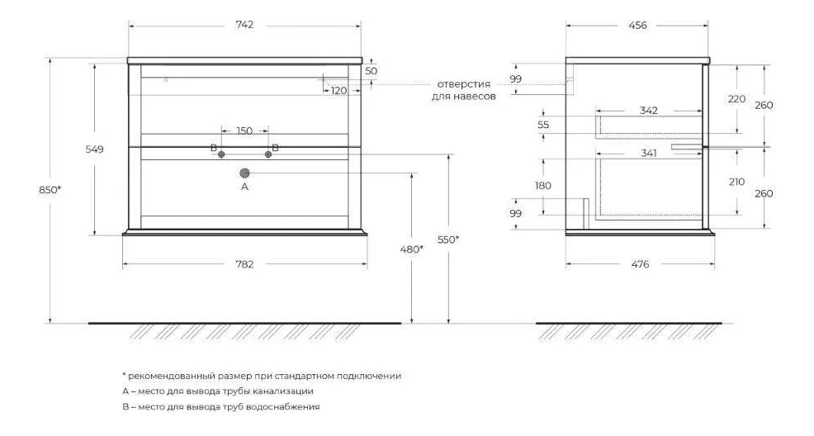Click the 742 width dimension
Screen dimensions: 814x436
244,25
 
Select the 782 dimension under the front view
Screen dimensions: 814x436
244,264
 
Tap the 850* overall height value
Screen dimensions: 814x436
50,190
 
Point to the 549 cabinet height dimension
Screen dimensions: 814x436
94,149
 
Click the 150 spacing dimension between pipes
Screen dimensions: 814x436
244,130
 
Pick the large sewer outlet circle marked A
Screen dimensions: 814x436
244,173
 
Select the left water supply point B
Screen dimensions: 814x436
221,154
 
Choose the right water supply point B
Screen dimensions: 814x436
268,154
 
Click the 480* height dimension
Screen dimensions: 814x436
412,249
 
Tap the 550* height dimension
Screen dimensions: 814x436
448,239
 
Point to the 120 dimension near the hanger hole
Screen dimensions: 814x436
338,91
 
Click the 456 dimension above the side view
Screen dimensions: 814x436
637,25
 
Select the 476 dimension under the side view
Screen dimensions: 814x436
640,264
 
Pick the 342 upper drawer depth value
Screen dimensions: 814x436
649,111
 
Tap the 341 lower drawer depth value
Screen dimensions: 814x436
649,153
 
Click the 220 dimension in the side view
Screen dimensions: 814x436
736,98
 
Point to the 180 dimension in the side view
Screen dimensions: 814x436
543,186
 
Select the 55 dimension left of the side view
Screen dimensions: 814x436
543,125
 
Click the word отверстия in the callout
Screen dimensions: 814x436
464,84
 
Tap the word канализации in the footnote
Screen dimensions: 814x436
283,391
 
